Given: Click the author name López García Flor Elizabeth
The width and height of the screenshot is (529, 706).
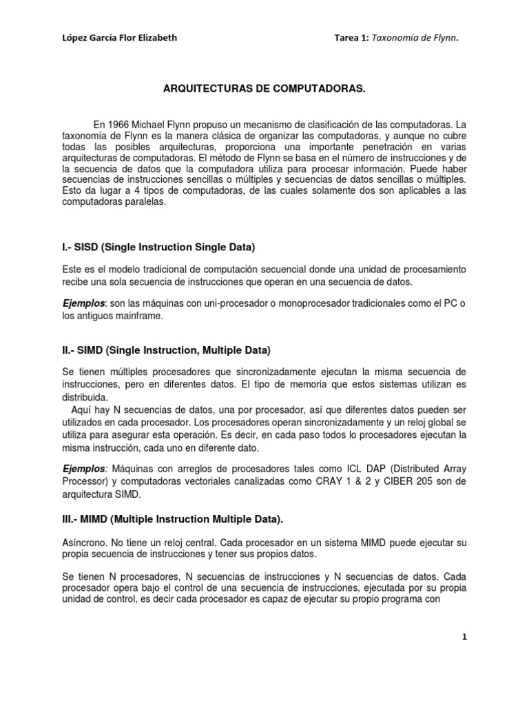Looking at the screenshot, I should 119,38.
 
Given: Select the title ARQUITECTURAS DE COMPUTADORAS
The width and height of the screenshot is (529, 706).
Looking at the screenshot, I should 263,90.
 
